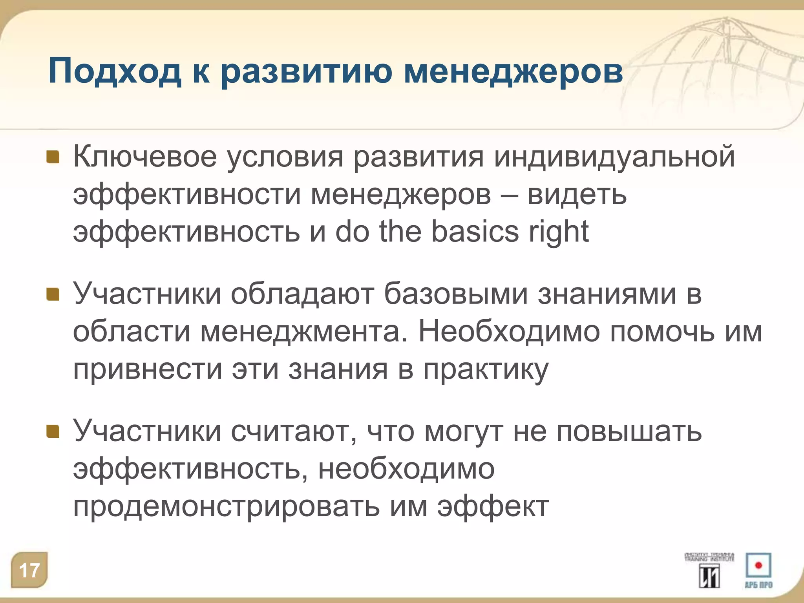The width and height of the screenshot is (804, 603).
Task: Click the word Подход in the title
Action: pos(115,72)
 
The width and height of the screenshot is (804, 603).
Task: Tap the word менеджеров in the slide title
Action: pos(513,72)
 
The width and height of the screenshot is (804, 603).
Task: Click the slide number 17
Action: pos(29,570)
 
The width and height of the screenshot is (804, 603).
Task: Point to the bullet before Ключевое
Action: pos(53,157)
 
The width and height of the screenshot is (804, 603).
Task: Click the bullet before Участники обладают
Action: pos(53,294)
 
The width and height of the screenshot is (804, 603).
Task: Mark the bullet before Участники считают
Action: pos(53,431)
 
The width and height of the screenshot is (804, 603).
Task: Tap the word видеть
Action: pos(577,194)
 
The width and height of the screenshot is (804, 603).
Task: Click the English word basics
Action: pos(475,232)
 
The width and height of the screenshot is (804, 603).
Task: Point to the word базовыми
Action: pos(455,294)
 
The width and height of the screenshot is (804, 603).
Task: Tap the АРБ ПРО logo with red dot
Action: pos(758,570)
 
